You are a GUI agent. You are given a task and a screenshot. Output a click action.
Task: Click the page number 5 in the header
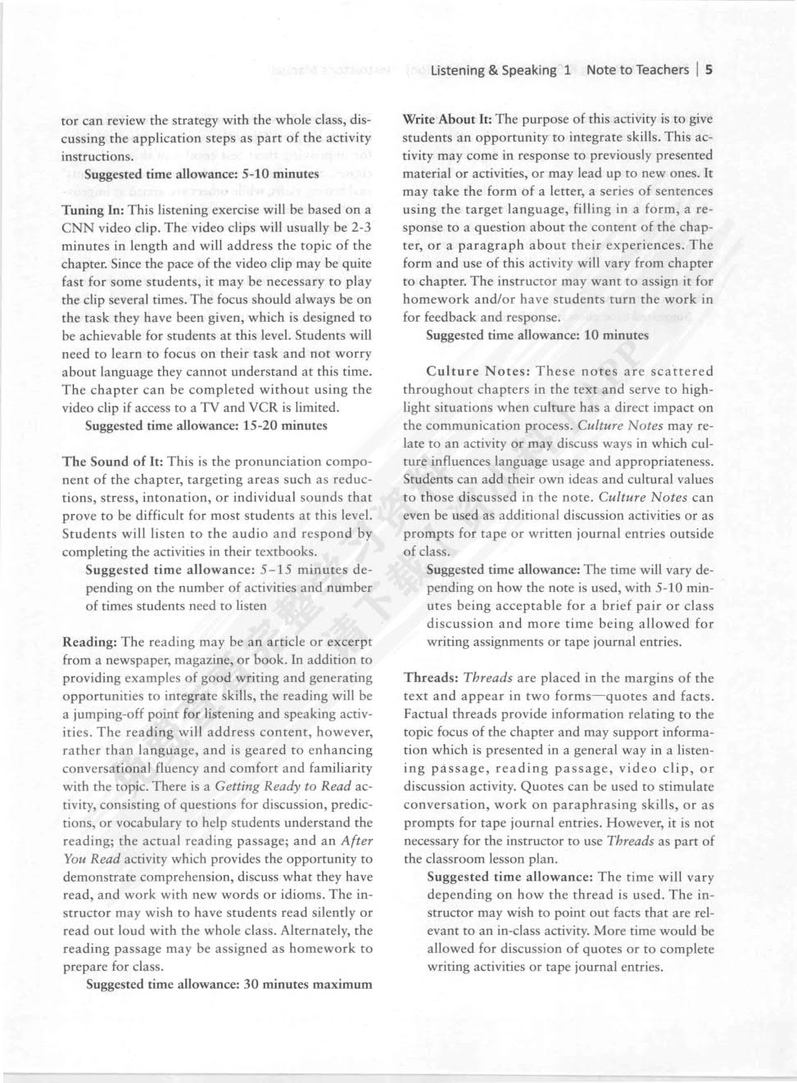(709, 70)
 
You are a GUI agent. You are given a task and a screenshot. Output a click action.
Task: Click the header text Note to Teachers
(637, 70)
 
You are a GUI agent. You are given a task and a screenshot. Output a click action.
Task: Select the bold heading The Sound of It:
(112, 461)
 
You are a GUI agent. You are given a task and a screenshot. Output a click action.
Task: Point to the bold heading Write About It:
(446, 119)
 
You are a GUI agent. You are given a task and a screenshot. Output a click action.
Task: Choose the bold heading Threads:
(430, 678)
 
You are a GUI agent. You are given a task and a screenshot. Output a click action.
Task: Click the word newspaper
(132, 659)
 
